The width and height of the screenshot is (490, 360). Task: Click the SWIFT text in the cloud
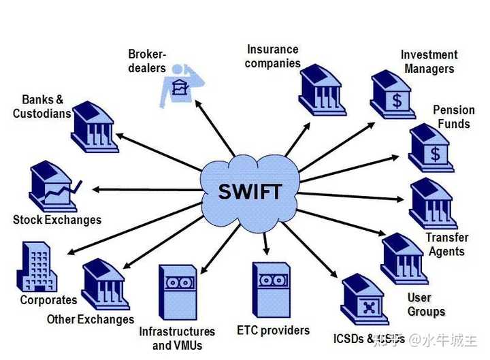250,191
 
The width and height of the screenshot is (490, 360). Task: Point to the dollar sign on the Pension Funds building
435,154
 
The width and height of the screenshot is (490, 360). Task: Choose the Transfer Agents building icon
434,203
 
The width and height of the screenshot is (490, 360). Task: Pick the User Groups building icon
404,258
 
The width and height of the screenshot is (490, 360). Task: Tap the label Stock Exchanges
57,220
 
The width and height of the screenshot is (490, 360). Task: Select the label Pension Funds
454,116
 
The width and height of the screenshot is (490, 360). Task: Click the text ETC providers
273,331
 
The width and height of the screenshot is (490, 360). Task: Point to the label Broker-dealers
147,61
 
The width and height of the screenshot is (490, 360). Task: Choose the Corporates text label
48,299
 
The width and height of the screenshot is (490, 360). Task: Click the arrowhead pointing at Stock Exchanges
97,188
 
